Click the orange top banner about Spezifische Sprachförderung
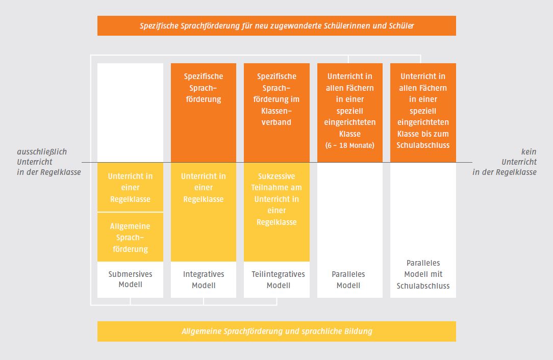(276, 25)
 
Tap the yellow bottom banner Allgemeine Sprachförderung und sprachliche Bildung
(276, 331)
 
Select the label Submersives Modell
(130, 279)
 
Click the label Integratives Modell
(204, 279)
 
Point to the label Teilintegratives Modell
(278, 279)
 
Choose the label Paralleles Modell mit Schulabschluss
(423, 274)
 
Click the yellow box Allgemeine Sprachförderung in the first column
(130, 237)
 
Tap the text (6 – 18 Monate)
(349, 145)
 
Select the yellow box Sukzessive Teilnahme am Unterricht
(276, 212)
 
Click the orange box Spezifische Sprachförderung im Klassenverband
(276, 113)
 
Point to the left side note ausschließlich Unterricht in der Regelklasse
(48, 162)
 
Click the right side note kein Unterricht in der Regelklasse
(505, 162)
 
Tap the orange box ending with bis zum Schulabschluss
(423, 113)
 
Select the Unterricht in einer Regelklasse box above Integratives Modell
(204, 212)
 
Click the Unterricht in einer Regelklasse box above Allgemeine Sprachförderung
(130, 187)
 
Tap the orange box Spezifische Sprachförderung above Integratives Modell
(204, 113)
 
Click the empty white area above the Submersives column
(130, 113)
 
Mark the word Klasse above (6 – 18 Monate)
(349, 134)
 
